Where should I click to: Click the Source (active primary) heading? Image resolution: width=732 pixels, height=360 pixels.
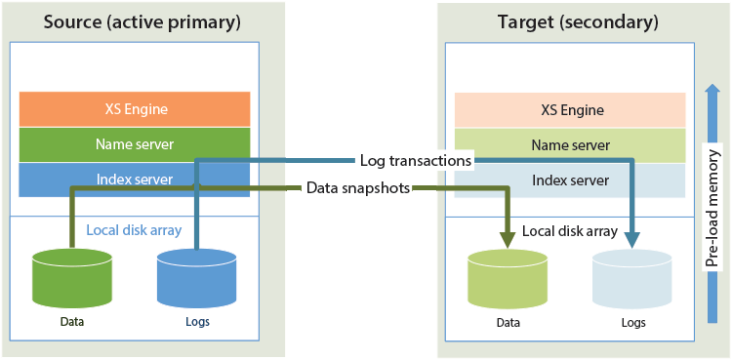142,22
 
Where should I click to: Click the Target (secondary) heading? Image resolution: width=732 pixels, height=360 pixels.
579,22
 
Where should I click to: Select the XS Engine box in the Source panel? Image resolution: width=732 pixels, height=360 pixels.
135,109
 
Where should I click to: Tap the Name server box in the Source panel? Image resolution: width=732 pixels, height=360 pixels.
135,144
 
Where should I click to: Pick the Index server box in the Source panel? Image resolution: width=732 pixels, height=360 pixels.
135,180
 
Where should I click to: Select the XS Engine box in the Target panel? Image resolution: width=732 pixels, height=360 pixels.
570,110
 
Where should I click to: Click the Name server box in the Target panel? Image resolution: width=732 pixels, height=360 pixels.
570,145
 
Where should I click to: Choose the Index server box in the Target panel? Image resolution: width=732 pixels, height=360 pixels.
570,180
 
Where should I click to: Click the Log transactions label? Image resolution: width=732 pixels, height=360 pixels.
416,161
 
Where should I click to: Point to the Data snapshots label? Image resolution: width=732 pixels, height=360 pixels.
358,188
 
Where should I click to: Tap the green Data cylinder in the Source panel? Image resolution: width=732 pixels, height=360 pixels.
72,278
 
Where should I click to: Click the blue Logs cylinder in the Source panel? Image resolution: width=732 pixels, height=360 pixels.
197,278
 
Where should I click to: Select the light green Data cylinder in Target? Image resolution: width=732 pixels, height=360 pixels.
508,279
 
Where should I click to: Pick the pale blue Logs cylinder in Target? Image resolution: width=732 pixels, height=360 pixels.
632,279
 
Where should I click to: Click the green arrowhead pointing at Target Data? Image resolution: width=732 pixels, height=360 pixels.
508,240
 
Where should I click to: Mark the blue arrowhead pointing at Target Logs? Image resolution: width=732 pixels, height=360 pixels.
632,240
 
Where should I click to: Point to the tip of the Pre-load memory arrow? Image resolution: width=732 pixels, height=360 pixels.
712,85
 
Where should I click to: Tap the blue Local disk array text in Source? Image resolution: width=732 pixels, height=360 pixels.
134,230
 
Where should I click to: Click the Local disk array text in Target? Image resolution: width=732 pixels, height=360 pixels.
570,230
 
